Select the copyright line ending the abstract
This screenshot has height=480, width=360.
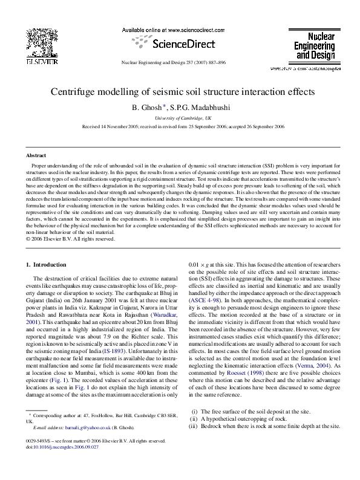pos(71,239)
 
